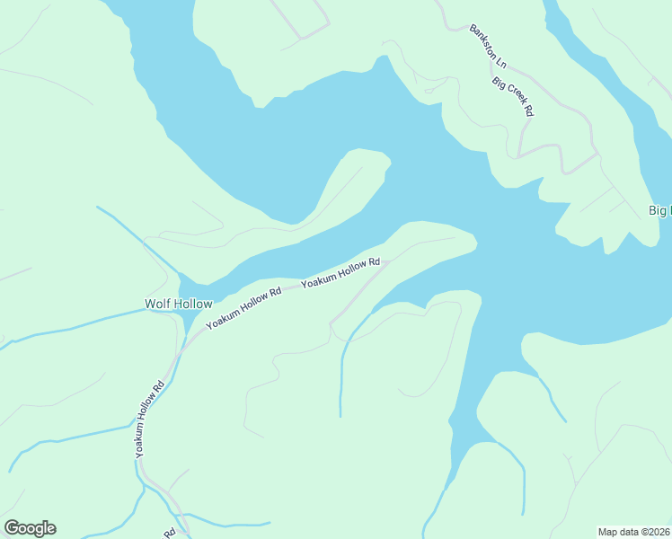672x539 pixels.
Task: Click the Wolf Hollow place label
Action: [179, 305]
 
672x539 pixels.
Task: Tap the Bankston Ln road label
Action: [489, 47]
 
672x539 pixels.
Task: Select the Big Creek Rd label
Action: [513, 96]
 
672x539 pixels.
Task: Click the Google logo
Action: [30, 528]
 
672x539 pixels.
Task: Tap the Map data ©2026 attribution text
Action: [633, 532]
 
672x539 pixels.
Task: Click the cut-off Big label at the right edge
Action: [660, 211]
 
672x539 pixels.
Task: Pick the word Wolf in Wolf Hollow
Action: [158, 305]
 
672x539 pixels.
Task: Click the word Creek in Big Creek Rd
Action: [514, 97]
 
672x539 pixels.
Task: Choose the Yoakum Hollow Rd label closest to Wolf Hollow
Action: [243, 308]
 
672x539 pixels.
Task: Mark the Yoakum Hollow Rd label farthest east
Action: [340, 273]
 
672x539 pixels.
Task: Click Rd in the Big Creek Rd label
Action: [529, 111]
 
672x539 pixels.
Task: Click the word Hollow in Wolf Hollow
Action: [193, 305]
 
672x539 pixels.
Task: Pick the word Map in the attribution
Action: [608, 532]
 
